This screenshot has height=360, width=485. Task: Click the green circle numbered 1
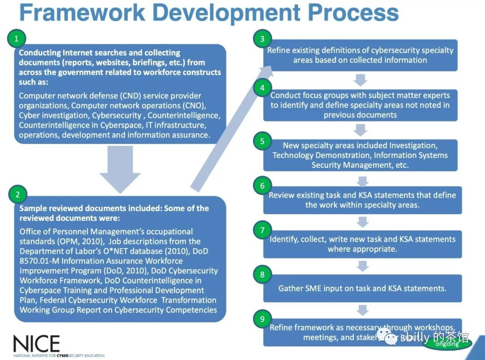17,39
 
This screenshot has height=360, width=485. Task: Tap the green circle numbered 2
18,194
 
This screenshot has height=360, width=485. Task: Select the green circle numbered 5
262,141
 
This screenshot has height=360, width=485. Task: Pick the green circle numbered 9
262,319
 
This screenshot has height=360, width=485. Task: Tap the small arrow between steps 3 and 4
360,80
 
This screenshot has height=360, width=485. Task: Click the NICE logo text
36,344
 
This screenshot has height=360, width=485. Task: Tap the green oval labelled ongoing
447,344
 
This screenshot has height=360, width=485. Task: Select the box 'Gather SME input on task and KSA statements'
362,289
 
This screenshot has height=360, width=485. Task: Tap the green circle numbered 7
262,230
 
